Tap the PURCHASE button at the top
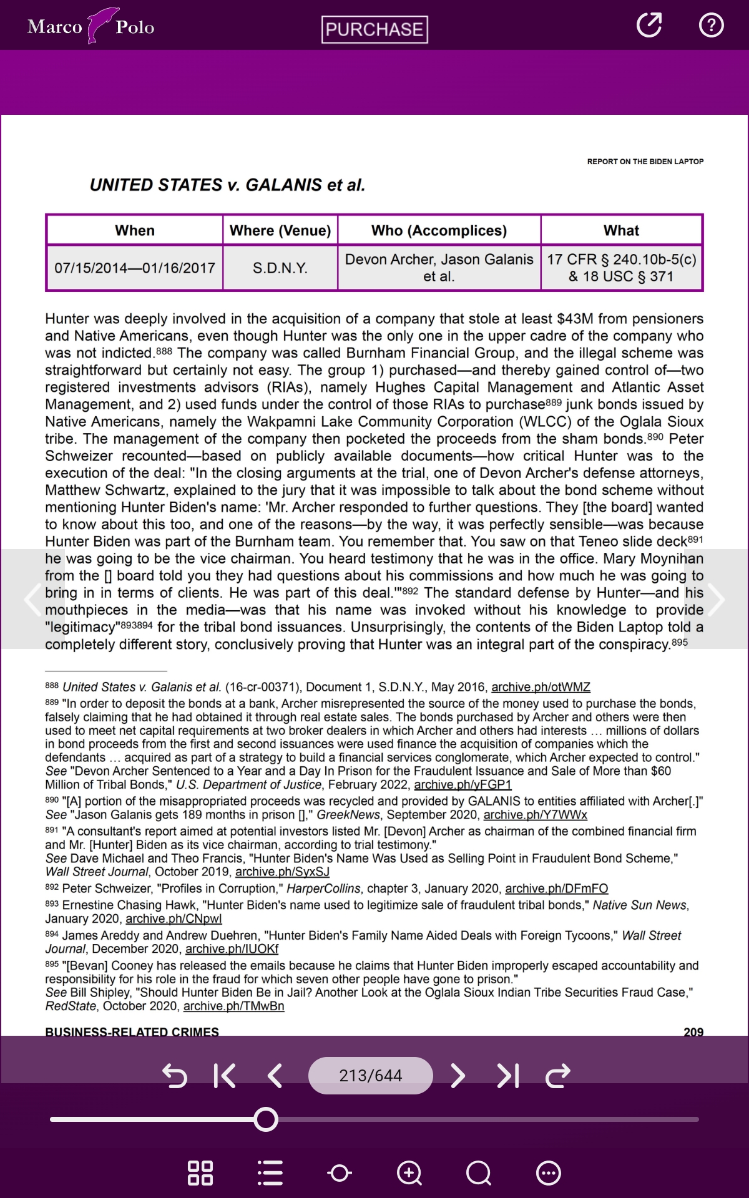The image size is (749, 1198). pos(374,29)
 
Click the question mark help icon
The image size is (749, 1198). pos(711,25)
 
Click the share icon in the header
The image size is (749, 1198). pos(649,25)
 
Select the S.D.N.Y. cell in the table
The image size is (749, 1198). pos(280,268)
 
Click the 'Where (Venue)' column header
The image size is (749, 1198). pos(280,231)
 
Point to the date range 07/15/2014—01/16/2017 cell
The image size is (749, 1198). pos(135,268)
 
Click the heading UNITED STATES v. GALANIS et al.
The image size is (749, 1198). pos(227,185)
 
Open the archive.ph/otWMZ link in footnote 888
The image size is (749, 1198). pos(541,687)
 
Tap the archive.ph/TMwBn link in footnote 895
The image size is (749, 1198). pos(233,1006)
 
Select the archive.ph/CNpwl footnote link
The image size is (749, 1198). pos(174,918)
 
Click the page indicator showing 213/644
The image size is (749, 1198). pos(371,1075)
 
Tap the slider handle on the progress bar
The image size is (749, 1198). pos(266,1119)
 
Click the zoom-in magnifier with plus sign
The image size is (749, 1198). pos(409,1173)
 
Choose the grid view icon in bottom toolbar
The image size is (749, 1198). pos(200,1173)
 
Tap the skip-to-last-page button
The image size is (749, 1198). pos(508,1075)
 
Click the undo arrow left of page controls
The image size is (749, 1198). pos(175,1075)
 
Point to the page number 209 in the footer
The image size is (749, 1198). pos(693,1031)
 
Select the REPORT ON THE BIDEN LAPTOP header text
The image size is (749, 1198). pos(645,162)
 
